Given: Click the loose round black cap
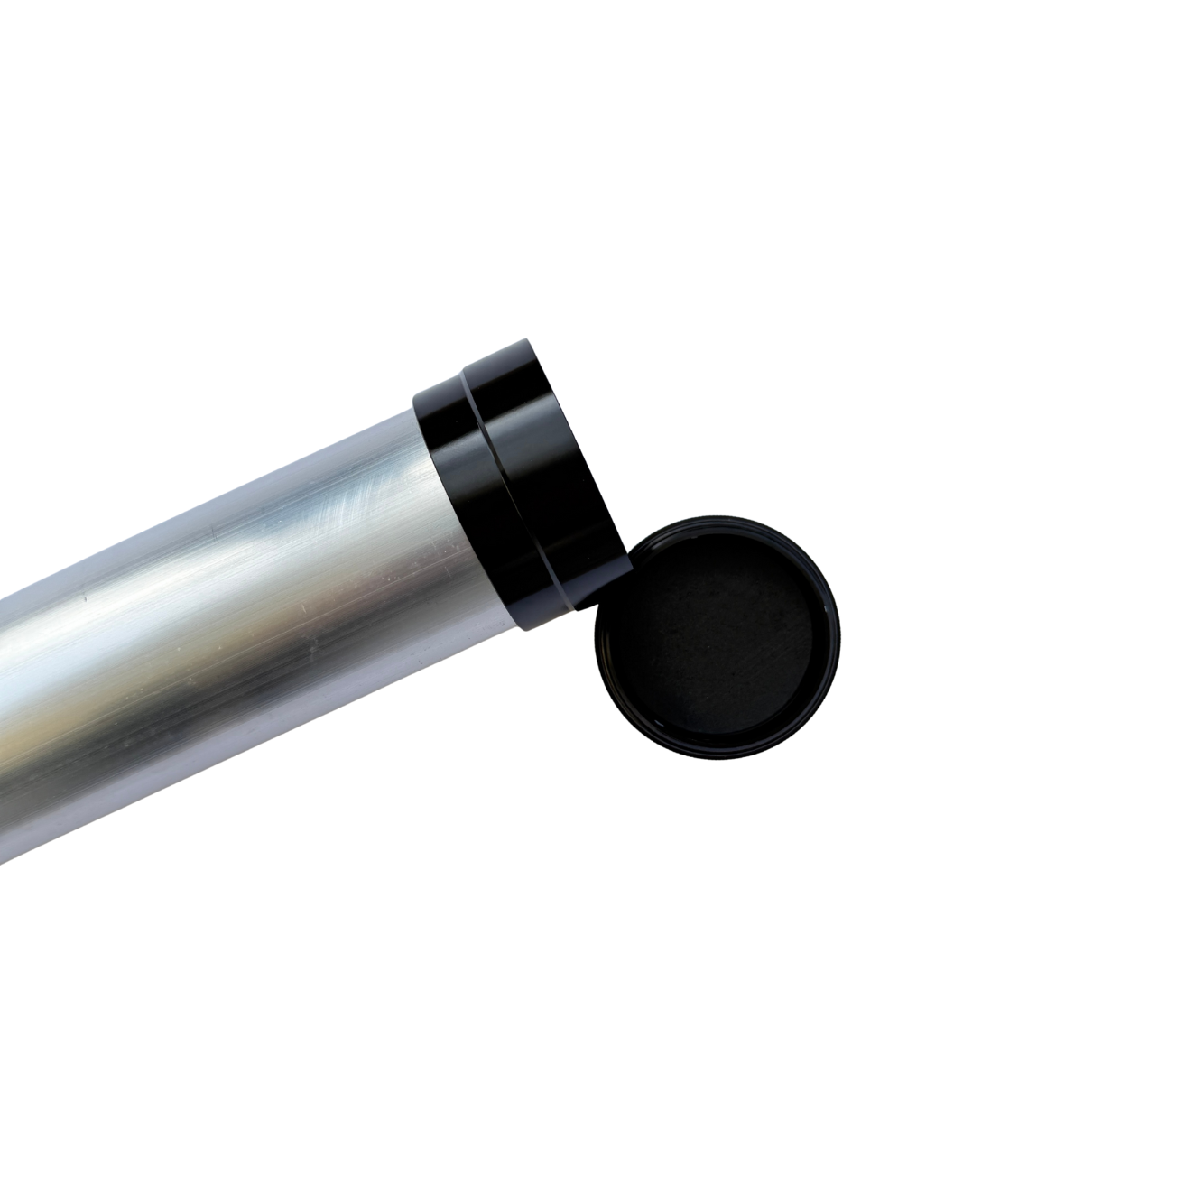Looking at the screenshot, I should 717,641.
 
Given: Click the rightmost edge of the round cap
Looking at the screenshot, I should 840,641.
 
